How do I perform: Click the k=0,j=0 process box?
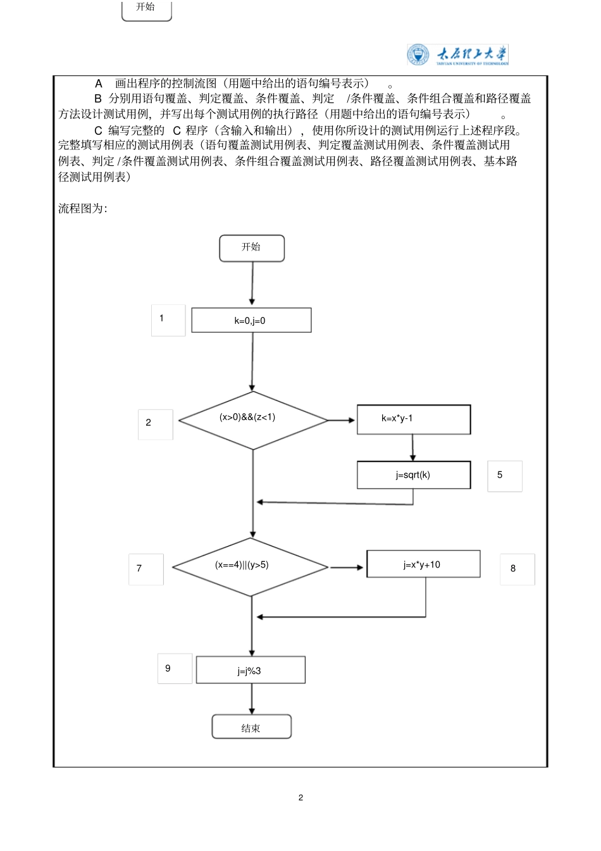pos(251,320)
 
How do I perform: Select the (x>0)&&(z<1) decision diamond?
pos(253,419)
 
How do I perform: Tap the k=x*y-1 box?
pos(413,419)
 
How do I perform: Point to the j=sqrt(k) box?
pos(413,475)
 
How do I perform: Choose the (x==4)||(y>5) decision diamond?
pos(251,566)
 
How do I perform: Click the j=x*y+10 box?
pos(423,564)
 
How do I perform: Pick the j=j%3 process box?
pos(251,670)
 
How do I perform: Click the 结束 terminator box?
pos(251,727)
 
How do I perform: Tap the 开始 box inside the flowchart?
pos(252,248)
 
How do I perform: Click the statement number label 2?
pos(155,424)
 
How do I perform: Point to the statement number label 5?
pos(504,476)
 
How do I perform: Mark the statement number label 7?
pos(146,569)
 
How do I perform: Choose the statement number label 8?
pos(517,569)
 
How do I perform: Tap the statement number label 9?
pos(175,669)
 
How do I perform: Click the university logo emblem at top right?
pos(418,55)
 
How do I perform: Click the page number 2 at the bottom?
pos(300,797)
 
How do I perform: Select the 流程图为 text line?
pos(83,209)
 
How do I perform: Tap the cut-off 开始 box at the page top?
pos(146,9)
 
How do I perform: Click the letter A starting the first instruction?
pos(99,84)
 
